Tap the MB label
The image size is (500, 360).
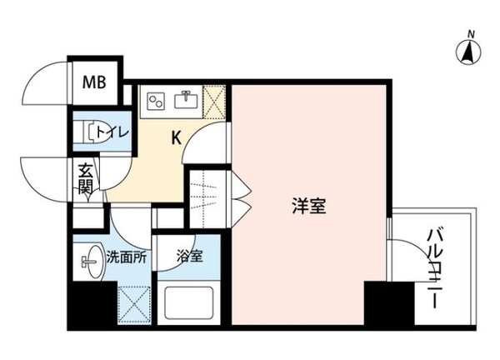[x=93, y=82]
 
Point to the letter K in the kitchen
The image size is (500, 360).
[x=177, y=137]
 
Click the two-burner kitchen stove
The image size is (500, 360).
[x=155, y=101]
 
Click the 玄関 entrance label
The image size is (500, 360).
[x=85, y=177]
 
